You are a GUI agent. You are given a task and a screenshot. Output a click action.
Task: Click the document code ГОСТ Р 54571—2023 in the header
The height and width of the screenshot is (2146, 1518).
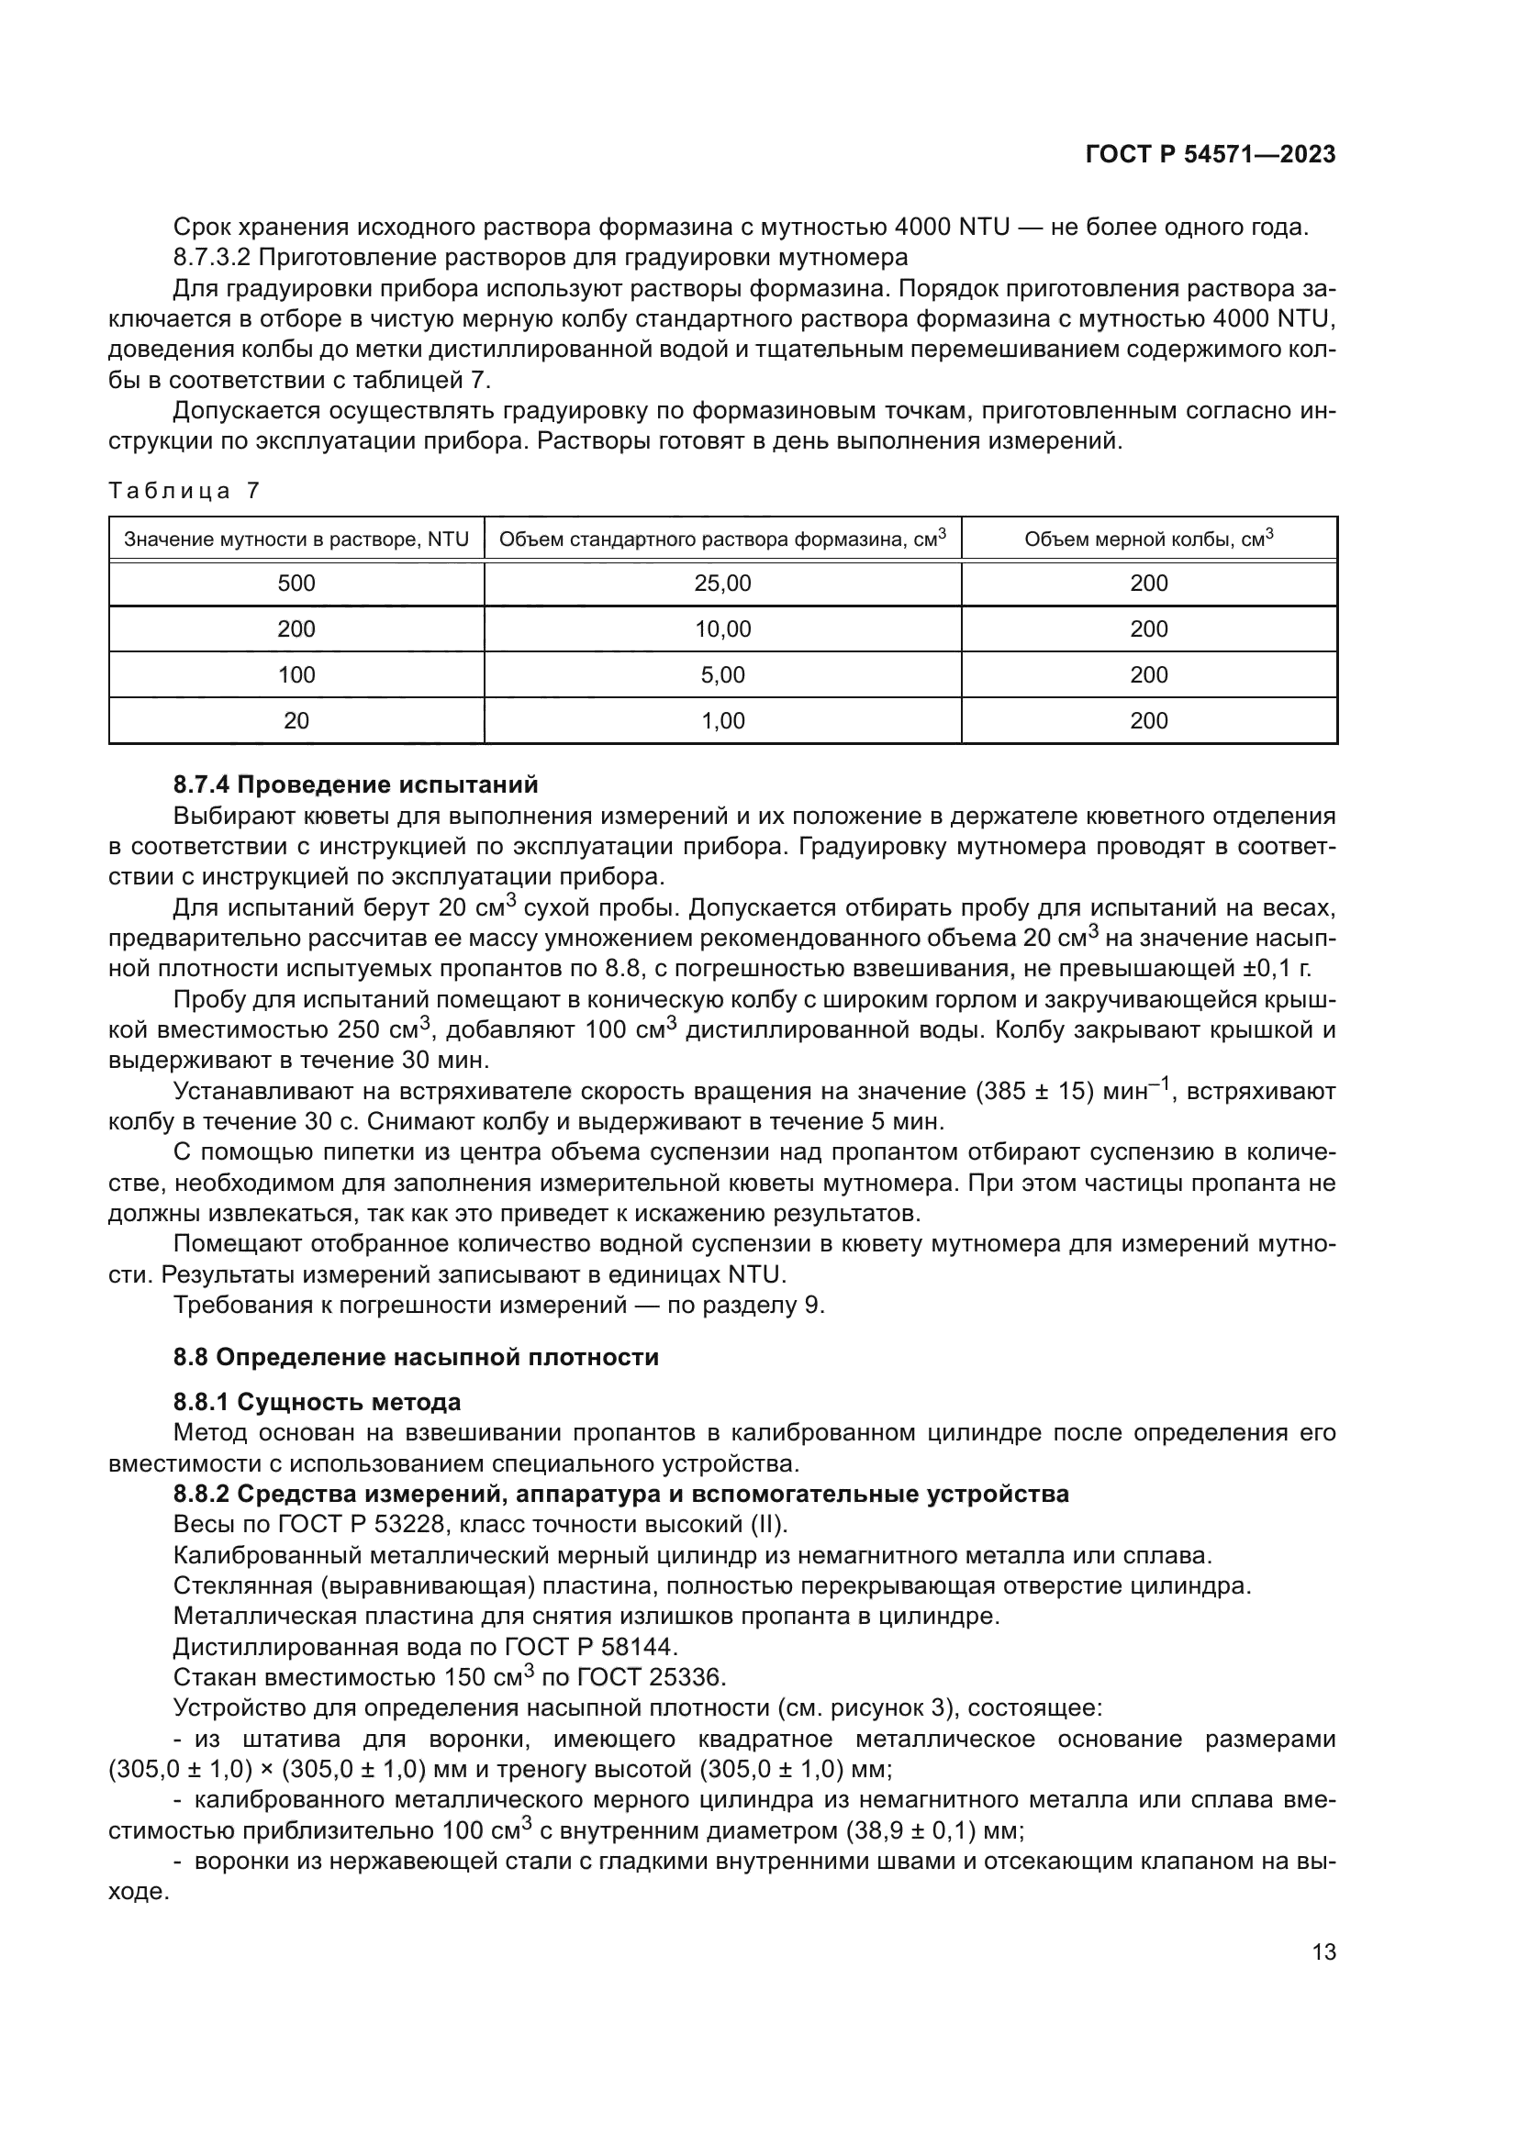[x=1211, y=155]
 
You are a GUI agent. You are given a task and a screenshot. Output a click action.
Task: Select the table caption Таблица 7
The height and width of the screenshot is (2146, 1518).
[x=184, y=491]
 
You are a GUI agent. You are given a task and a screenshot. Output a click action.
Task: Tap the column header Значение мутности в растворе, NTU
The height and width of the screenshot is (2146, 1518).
[x=296, y=539]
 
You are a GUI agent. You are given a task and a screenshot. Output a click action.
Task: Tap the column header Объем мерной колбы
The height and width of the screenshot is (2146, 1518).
[x=1149, y=539]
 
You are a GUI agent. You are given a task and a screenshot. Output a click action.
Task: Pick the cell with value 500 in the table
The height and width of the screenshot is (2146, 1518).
[x=296, y=584]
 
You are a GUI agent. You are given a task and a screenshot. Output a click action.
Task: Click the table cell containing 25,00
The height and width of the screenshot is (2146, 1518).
[x=722, y=584]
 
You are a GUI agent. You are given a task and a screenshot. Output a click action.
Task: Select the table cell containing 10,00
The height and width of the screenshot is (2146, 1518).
[x=722, y=629]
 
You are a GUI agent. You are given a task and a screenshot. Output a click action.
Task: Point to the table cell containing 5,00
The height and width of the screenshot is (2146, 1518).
[x=722, y=675]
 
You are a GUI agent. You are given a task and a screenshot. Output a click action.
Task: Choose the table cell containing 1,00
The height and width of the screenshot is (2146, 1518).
[x=722, y=720]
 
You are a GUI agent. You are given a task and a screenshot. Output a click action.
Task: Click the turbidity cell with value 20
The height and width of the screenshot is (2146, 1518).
[x=296, y=720]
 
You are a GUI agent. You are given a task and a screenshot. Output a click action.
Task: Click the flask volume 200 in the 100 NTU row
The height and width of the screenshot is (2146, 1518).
[x=1149, y=675]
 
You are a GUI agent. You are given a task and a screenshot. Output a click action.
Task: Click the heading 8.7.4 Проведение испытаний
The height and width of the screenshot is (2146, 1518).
[x=355, y=784]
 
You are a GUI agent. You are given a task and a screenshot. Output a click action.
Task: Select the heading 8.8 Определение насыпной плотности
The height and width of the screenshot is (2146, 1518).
[x=416, y=1357]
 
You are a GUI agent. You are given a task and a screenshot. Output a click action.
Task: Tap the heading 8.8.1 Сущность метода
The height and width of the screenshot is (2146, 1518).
[x=317, y=1402]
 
